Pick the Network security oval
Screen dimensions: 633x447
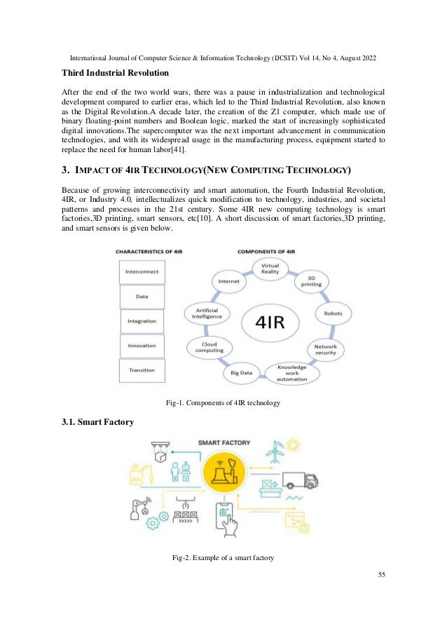click(x=324, y=349)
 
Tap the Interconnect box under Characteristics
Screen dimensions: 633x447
click(x=142, y=271)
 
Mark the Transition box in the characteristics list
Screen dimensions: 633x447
click(x=142, y=369)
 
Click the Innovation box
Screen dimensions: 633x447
click(x=142, y=345)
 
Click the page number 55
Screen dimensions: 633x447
click(x=381, y=575)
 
